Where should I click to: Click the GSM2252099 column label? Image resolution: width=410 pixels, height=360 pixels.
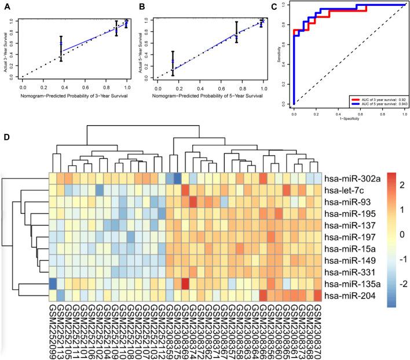click(53, 330)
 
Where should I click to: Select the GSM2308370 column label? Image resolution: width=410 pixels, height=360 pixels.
click(317, 330)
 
